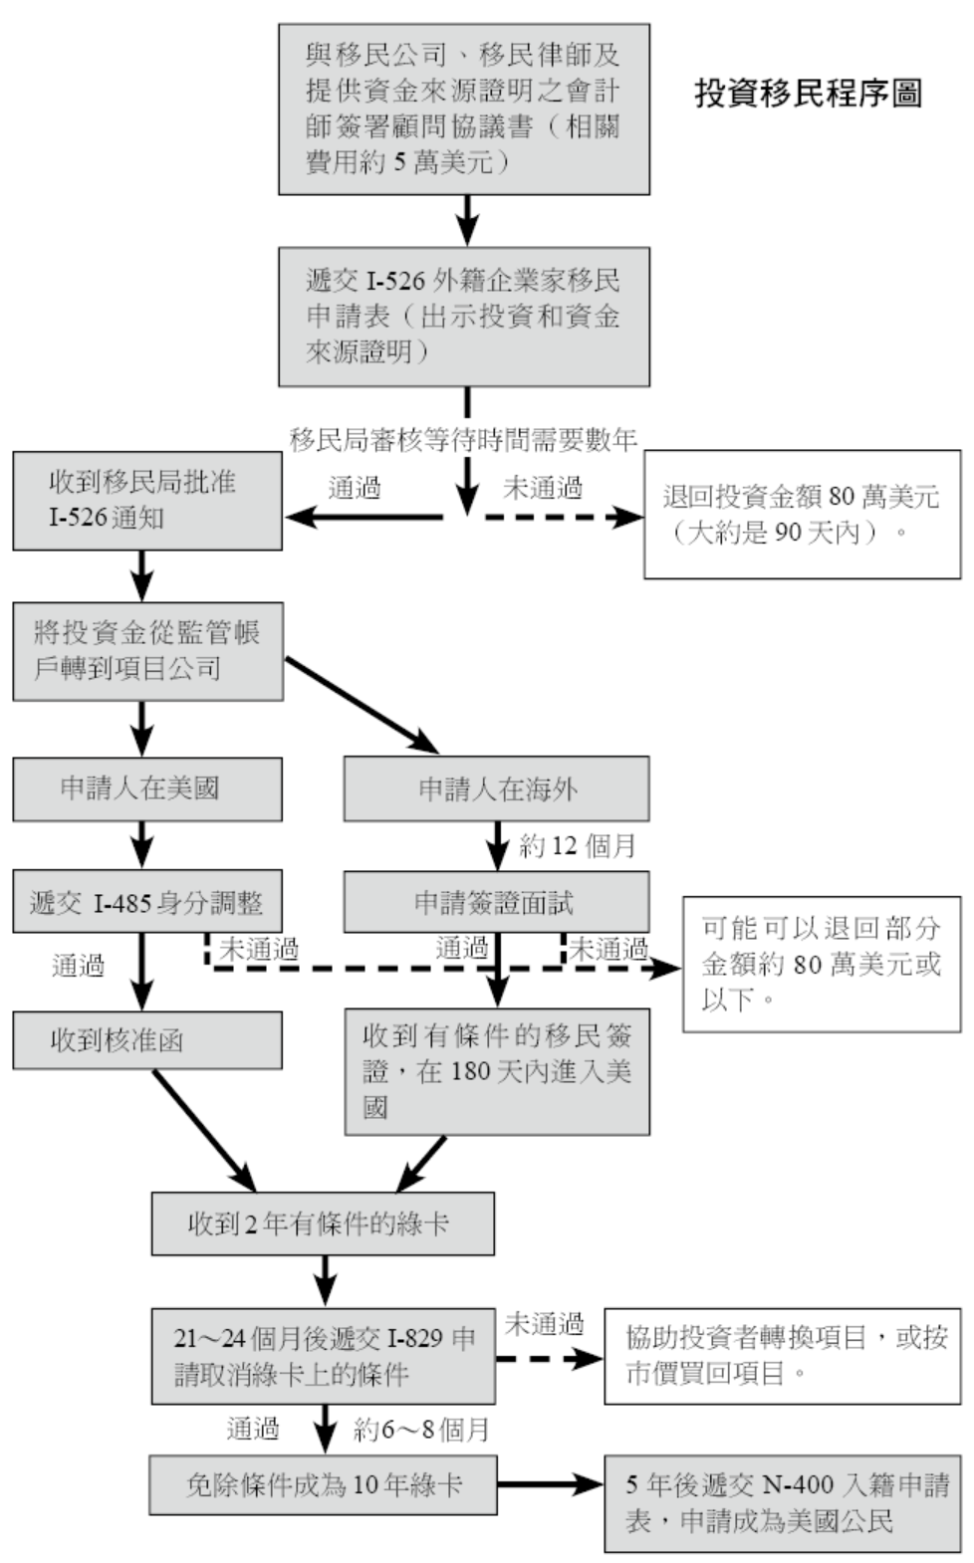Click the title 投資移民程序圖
pyautogui.click(x=808, y=94)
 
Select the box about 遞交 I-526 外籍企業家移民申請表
pyautogui.click(x=463, y=317)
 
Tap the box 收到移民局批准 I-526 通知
pyautogui.click(x=146, y=501)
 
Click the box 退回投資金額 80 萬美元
pyautogui.click(x=802, y=514)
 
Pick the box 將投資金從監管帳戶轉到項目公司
pyautogui.click(x=147, y=651)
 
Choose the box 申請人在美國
pyautogui.click(x=146, y=788)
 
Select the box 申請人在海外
pyautogui.click(x=496, y=788)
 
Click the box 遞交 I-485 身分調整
pyautogui.click(x=146, y=902)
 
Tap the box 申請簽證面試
pyautogui.click(x=496, y=902)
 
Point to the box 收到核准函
pyautogui.click(x=146, y=1040)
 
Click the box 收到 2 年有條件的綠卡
pyautogui.click(x=322, y=1224)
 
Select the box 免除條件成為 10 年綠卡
pyautogui.click(x=323, y=1485)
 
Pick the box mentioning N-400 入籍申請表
pyautogui.click(x=782, y=1503)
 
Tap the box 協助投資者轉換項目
pyautogui.click(x=782, y=1356)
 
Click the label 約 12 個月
pyautogui.click(x=577, y=846)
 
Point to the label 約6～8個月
pyautogui.click(x=421, y=1431)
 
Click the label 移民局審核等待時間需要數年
pyautogui.click(x=463, y=439)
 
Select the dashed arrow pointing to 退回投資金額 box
pyautogui.click(x=563, y=517)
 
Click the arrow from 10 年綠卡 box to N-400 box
pyautogui.click(x=550, y=1485)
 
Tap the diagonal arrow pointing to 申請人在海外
pyautogui.click(x=362, y=704)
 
